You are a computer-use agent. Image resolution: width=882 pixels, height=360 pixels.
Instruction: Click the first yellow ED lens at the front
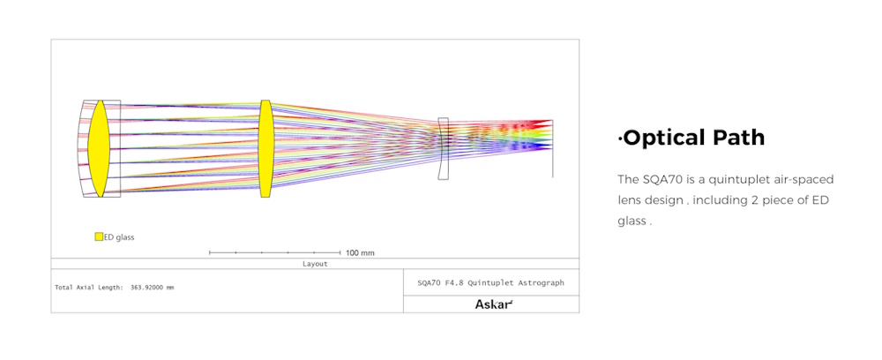99,148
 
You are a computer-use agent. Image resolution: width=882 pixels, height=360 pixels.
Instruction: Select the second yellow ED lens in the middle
265,148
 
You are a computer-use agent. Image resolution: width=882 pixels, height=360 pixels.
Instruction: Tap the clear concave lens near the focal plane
444,148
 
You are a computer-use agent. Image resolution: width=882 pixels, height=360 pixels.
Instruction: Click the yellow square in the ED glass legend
99,236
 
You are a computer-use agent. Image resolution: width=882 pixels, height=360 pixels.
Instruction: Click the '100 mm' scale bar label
360,253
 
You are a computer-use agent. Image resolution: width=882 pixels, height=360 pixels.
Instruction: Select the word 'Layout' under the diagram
315,263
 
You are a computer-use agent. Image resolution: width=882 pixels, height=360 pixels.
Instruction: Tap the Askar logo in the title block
494,304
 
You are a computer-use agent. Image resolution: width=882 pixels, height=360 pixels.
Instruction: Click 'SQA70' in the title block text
427,283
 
